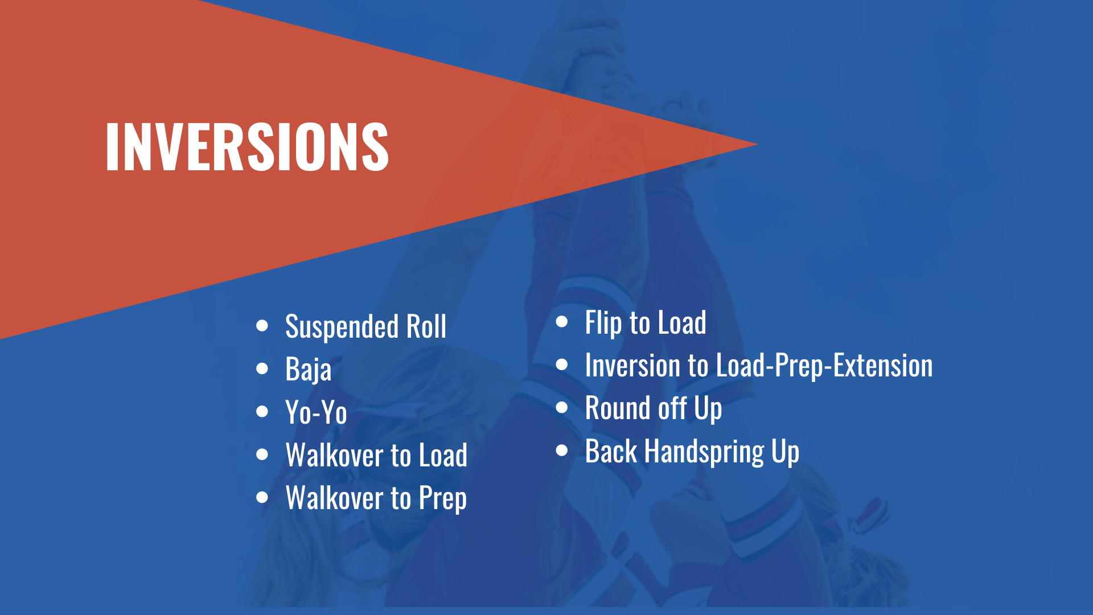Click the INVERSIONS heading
pos(247,146)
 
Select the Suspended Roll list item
pos(365,327)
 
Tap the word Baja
pos(308,370)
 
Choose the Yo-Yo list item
pos(316,412)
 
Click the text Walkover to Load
pos(376,455)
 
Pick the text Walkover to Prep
pos(376,498)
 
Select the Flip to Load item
pos(646,323)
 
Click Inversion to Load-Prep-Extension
pos(759,366)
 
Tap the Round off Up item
pos(654,408)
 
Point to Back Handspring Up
pos(692,452)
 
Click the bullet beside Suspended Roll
pos(262,326)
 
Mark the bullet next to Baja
pos(262,368)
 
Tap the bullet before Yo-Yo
pos(262,411)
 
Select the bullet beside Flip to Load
pos(562,322)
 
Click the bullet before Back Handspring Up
pos(562,450)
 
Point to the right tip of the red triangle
pos(757,144)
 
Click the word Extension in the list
pos(883,366)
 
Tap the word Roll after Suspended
pos(426,326)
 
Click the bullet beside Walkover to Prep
pos(262,497)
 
